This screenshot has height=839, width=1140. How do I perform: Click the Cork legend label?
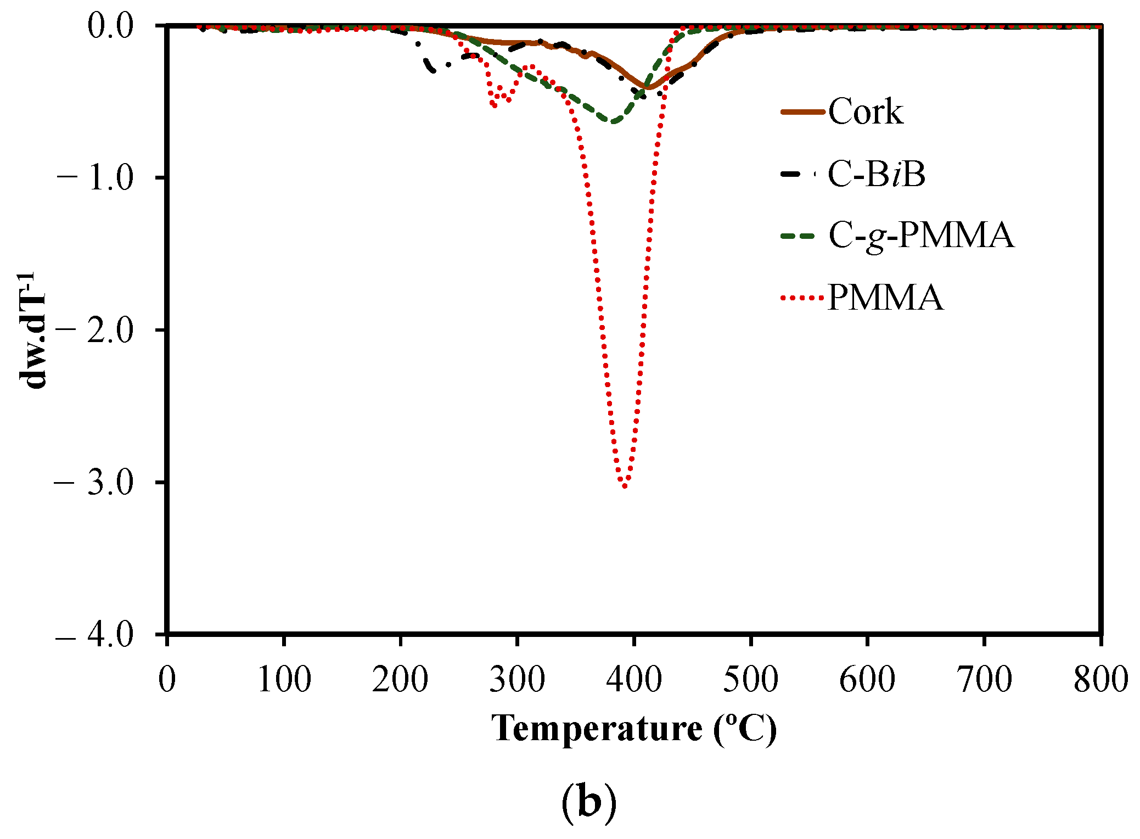point(866,112)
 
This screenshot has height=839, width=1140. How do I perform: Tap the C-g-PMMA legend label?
point(921,236)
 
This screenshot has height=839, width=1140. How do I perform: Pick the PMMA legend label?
point(885,298)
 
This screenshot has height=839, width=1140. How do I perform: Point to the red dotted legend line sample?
point(802,298)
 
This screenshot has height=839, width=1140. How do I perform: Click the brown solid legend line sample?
point(802,112)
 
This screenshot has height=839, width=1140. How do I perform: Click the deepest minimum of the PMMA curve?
point(625,485)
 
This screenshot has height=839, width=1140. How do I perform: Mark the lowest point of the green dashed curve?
point(614,121)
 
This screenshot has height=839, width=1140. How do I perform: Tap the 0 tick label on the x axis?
point(167,679)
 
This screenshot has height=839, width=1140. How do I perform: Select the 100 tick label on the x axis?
point(284,679)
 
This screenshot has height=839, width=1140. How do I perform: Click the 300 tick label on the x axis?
point(517,679)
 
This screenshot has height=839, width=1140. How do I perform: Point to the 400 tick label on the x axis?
point(634,679)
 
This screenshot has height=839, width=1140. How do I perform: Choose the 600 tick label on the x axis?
point(867,679)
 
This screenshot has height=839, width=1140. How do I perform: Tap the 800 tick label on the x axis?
point(1100,679)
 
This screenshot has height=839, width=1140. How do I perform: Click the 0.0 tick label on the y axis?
point(110,26)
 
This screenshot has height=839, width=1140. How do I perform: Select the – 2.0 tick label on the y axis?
point(94,330)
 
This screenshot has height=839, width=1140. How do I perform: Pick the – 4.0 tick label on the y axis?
point(94,635)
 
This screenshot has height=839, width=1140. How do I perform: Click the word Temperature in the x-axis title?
point(597,729)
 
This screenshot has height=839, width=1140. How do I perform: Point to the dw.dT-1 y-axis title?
point(34,330)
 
